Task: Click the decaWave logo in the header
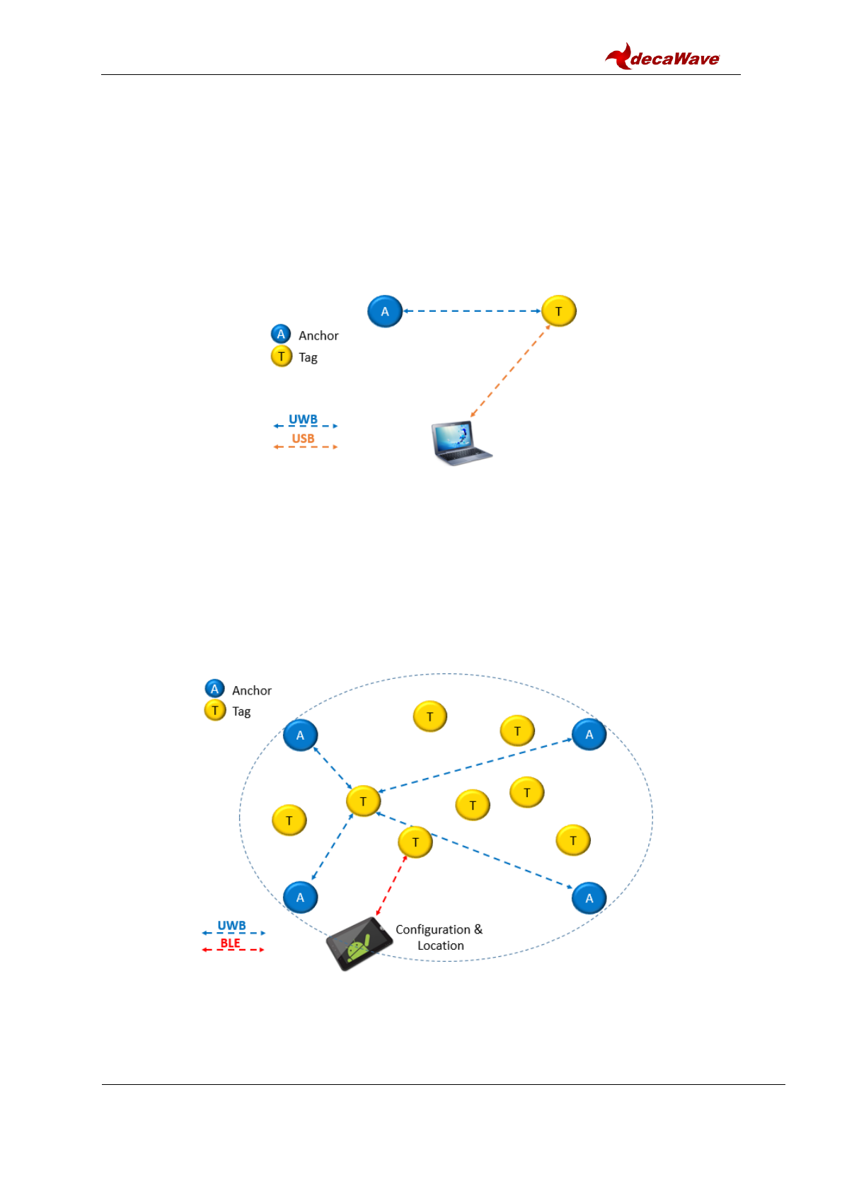[662, 57]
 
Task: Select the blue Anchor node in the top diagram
[385, 311]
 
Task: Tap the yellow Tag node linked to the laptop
[559, 311]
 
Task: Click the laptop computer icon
[461, 443]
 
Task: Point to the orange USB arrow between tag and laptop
[510, 371]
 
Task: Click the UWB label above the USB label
[303, 419]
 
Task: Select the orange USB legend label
[303, 438]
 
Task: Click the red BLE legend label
[230, 943]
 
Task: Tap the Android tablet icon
[359, 943]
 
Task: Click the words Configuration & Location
[439, 937]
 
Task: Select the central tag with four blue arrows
[364, 801]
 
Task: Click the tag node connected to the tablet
[415, 842]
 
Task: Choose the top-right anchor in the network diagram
[589, 734]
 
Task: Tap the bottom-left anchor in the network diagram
[300, 897]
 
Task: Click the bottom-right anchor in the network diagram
[589, 898]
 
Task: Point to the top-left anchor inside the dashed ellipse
[300, 736]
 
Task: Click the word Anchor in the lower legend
[252, 690]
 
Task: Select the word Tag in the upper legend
[308, 357]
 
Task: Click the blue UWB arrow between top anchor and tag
[472, 311]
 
